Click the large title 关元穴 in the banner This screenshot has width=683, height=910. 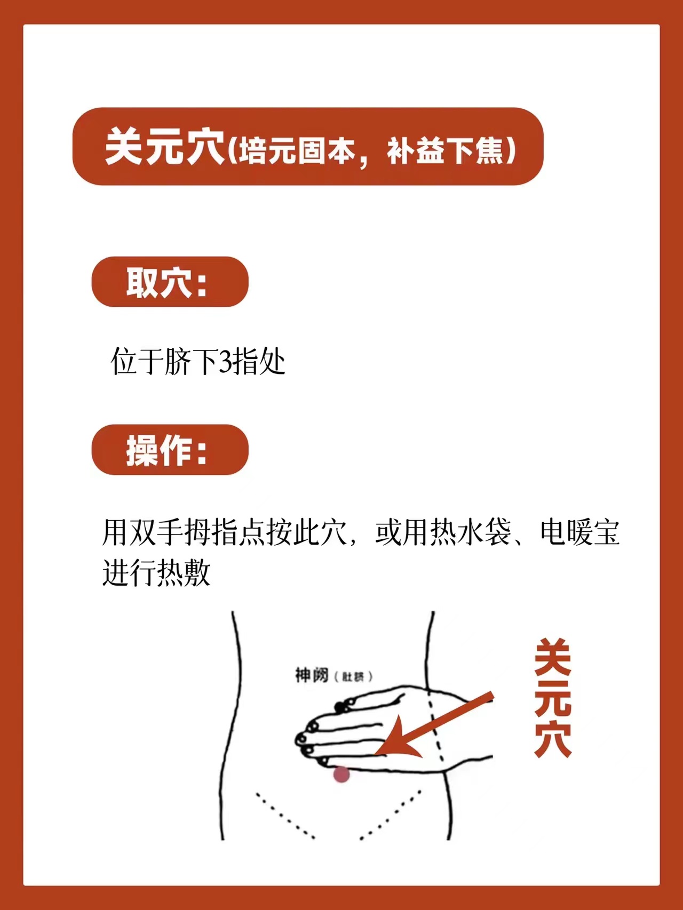coord(165,147)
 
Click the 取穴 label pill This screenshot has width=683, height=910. coord(170,282)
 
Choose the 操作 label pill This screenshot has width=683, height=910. coord(170,450)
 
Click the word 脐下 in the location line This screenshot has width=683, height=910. coord(191,362)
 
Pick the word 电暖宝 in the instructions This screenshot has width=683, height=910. coord(579,532)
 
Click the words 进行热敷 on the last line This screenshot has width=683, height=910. coord(156,573)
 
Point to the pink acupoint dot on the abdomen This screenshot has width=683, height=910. coord(341,774)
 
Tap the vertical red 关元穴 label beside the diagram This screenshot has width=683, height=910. coord(553,698)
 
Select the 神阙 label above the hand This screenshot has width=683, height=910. coord(312,675)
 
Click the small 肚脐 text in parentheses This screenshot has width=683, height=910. coord(353,676)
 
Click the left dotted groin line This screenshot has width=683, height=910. coord(285,815)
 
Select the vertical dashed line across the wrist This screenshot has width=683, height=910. coord(434,726)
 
